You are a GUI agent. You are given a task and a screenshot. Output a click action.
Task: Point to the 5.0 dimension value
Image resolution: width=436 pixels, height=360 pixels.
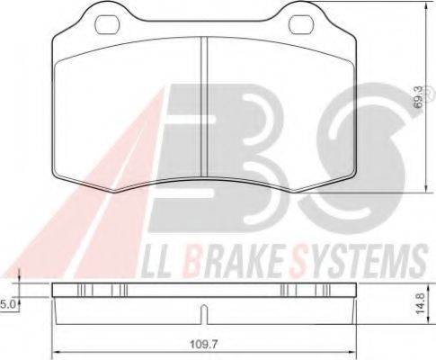9,304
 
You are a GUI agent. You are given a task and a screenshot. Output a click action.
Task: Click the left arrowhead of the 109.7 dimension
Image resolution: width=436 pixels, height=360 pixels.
56,350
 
